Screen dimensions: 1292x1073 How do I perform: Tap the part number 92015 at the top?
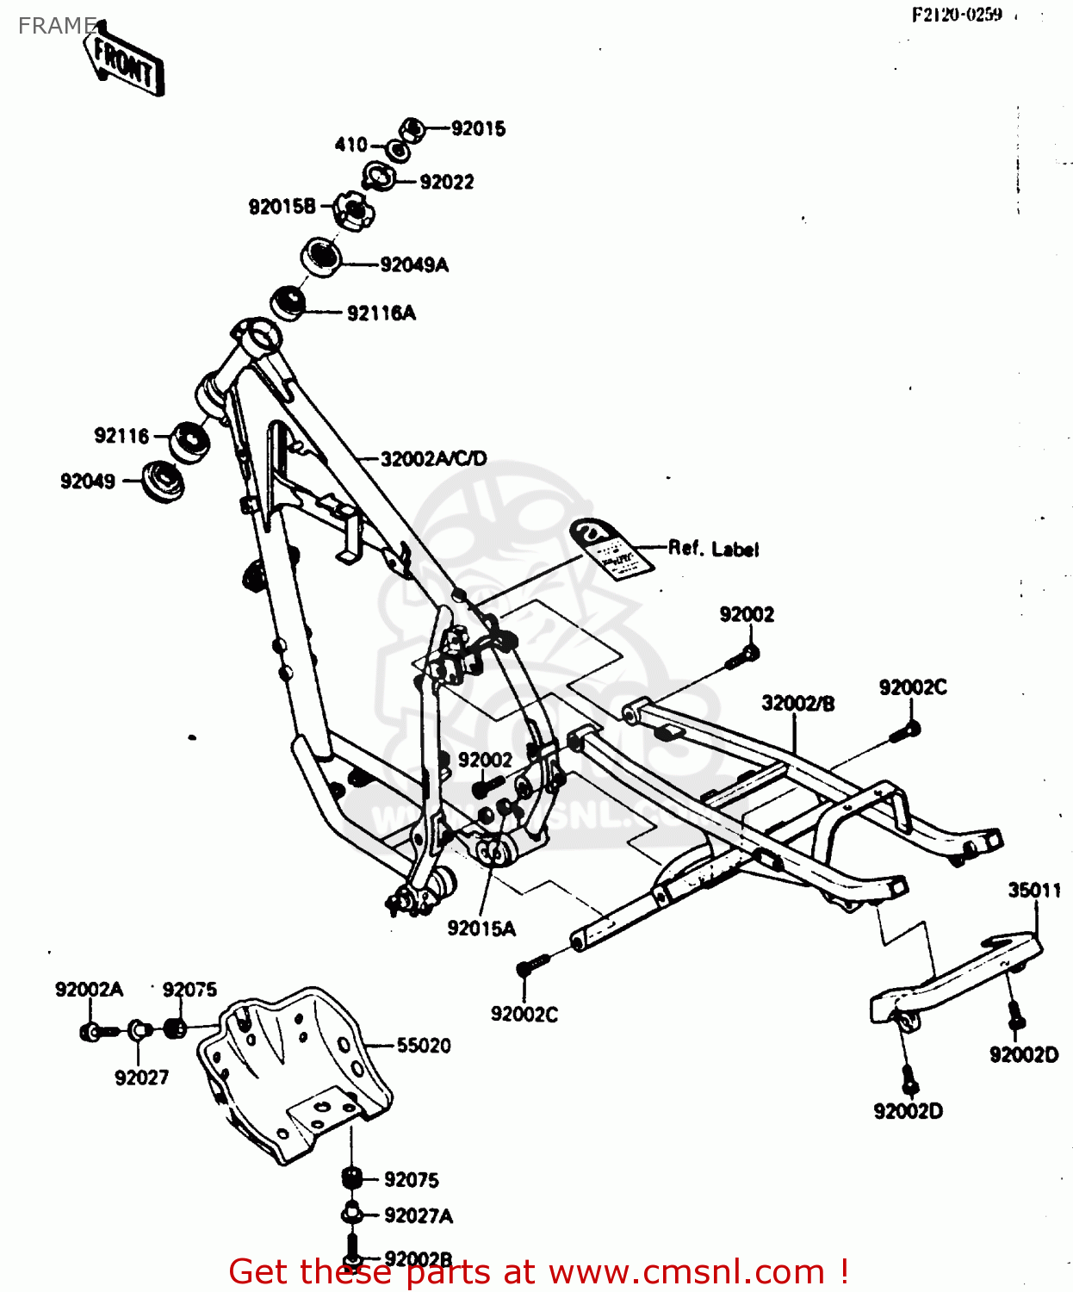[478, 129]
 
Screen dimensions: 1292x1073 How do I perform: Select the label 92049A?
[414, 265]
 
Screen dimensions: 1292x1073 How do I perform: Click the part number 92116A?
[381, 314]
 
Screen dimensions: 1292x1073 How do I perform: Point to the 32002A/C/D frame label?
[433, 459]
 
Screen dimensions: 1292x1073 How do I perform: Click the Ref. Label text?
[713, 549]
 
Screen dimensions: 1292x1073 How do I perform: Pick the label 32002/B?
[797, 704]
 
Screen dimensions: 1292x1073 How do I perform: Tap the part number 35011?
[1033, 891]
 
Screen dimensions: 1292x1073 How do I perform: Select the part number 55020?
[423, 1046]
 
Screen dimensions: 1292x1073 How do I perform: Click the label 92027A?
[419, 1216]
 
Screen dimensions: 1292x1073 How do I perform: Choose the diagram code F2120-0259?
[957, 15]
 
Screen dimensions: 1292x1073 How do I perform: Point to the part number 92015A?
[481, 929]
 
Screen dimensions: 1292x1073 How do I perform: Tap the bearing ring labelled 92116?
[189, 442]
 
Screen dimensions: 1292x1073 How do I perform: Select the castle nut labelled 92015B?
[352, 210]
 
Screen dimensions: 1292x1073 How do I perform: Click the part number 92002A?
[89, 990]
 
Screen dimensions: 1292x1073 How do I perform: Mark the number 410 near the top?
[350, 145]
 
